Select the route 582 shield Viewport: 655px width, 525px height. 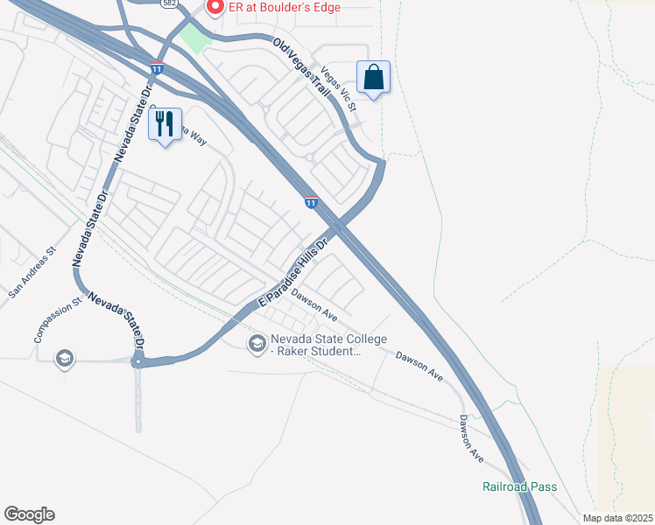click(x=168, y=3)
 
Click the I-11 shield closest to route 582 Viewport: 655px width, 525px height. click(x=156, y=67)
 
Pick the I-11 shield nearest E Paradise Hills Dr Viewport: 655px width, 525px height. click(x=311, y=202)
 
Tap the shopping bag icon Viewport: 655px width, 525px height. click(x=373, y=77)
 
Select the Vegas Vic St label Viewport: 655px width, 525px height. click(x=340, y=89)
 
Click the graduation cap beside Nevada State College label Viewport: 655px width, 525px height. click(x=257, y=344)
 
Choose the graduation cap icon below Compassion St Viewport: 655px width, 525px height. click(x=63, y=359)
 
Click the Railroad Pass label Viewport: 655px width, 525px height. click(x=519, y=486)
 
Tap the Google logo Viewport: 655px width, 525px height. click(x=29, y=514)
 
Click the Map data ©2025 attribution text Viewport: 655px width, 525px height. click(x=618, y=518)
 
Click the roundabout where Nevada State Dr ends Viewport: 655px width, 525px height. click(x=137, y=361)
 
